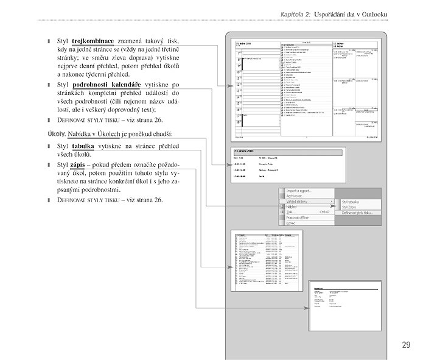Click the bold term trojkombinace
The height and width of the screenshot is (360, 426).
(x=92, y=41)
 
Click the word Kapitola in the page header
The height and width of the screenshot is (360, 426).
(x=296, y=13)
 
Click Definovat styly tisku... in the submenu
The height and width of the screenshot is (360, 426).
(x=357, y=213)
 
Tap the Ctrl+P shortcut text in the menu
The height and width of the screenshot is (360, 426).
(x=324, y=212)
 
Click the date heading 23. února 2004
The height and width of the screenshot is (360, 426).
(x=245, y=150)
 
